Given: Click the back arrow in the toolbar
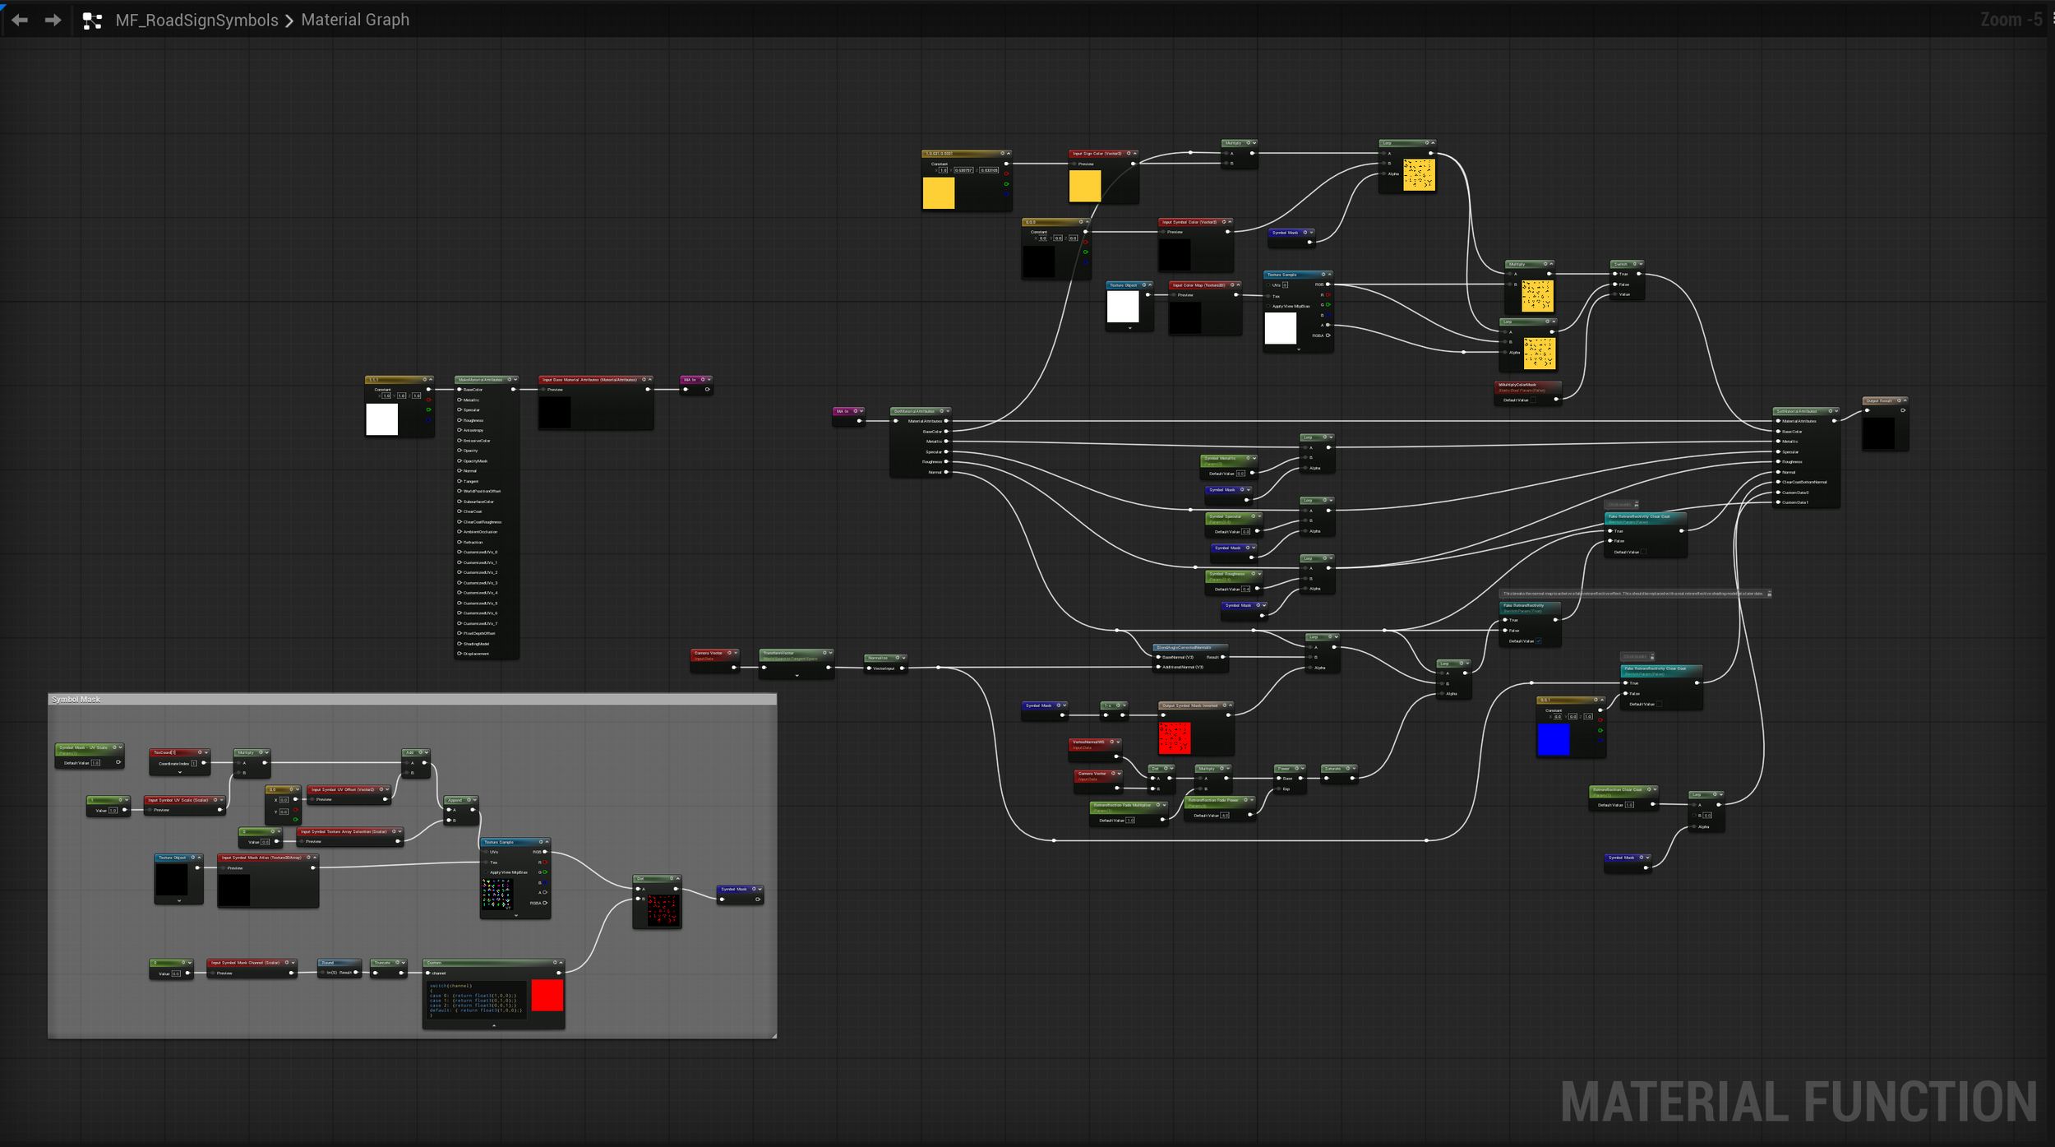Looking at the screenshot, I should pyautogui.click(x=20, y=20).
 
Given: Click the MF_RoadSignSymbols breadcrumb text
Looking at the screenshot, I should pyautogui.click(x=196, y=20).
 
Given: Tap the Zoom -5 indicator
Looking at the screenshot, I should pyautogui.click(x=2011, y=20).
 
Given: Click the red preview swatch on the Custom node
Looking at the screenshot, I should pyautogui.click(x=547, y=995).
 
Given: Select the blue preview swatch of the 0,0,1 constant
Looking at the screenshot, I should pyautogui.click(x=1553, y=738).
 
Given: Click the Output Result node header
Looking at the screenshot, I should pyautogui.click(x=1880, y=400).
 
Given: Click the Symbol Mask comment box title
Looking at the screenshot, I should pyautogui.click(x=76, y=699).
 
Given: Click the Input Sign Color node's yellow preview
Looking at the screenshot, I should pyautogui.click(x=1084, y=186).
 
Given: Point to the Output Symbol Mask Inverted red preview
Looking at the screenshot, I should pyautogui.click(x=1174, y=738).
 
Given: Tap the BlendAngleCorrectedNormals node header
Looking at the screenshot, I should pyautogui.click(x=1184, y=647).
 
